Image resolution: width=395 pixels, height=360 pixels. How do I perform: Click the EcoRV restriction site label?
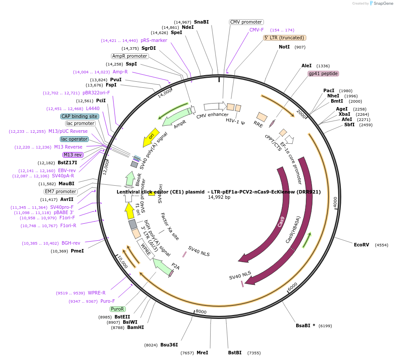coord(361,245)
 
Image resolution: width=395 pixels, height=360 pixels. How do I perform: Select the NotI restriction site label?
coord(284,47)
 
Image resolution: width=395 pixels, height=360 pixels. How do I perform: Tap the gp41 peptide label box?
coord(323,73)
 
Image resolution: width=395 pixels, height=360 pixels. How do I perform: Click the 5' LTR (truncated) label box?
coord(284,38)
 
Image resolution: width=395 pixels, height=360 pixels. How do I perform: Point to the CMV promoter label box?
coord(246,22)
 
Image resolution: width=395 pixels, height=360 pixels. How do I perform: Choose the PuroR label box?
coord(118,309)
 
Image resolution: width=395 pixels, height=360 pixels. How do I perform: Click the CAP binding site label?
coord(80,116)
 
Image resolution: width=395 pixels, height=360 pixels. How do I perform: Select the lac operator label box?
coord(74,139)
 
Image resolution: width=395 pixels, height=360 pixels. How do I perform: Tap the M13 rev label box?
coord(73,155)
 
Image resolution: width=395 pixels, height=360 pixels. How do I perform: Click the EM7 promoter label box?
coord(61,191)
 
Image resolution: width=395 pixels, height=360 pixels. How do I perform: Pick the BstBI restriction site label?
coord(235,353)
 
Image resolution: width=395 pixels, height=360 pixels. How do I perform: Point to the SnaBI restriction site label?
coord(201,22)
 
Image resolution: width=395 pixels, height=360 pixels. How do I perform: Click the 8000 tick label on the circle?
coord(201,312)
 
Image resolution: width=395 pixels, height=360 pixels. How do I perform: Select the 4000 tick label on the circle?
coord(335,202)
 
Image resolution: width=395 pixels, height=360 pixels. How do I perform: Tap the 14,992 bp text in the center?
coord(219,197)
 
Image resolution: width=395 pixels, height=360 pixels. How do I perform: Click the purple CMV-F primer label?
coord(256,30)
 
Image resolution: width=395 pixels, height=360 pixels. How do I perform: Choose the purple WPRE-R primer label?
coord(97,293)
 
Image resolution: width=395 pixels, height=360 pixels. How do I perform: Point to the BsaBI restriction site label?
coord(305,325)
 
